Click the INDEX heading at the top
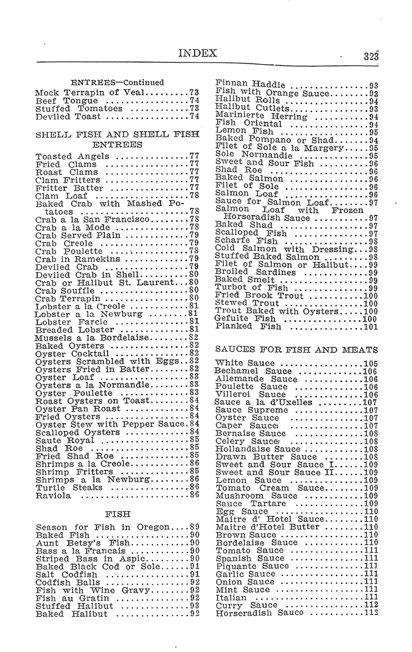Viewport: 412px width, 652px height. pos(198,54)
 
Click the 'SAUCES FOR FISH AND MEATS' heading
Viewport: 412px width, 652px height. pos(297,350)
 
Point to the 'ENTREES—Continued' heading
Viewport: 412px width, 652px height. pos(117,82)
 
